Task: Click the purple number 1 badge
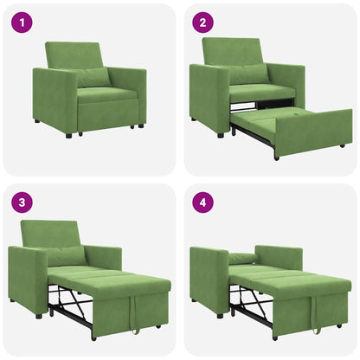point(21,22)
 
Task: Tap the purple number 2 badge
point(202,22)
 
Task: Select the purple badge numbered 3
point(21,203)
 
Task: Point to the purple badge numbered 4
point(202,203)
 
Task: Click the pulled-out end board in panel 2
point(313,132)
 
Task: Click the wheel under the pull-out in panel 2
point(276,157)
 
